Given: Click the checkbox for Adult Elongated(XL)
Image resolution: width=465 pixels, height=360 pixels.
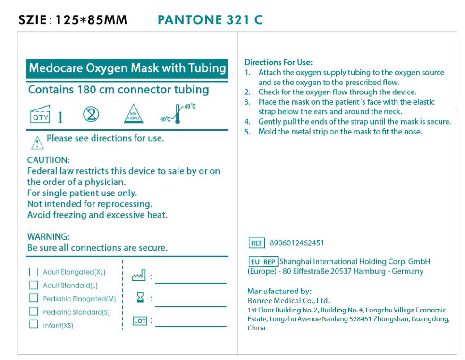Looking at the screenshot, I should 34,272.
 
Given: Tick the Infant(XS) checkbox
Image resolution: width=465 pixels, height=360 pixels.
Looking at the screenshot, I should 34,325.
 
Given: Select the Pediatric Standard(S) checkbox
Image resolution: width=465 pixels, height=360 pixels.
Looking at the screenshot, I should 34,311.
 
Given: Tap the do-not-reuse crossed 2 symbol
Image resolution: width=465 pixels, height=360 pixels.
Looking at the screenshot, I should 91,114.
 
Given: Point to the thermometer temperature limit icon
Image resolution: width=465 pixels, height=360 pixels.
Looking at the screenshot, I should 178,114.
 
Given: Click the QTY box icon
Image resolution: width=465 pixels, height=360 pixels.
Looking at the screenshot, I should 40,115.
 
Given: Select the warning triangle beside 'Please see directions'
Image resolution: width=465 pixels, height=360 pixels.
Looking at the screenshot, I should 37,141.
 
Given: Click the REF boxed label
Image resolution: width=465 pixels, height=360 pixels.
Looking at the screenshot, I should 257,243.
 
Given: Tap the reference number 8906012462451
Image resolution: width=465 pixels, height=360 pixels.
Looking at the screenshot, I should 297,243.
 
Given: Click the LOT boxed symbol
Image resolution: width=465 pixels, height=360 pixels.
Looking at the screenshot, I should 140,321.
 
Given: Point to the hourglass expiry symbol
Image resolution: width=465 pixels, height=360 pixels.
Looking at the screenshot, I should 140,298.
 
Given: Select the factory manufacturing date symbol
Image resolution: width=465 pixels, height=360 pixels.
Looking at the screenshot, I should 139,275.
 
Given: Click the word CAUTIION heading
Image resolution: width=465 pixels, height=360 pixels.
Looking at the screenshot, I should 48,160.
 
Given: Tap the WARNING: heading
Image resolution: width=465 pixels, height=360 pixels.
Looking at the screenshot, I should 48,236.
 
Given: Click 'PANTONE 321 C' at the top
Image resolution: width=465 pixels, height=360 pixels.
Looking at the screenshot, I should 210,20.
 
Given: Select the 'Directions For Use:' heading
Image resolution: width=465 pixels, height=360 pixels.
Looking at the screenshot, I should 279,62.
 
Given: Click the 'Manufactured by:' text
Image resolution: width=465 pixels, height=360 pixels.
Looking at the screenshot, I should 279,291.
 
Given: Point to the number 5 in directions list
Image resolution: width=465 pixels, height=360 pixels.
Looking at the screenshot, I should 247,132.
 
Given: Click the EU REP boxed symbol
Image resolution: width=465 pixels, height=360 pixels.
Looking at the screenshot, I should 262,262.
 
